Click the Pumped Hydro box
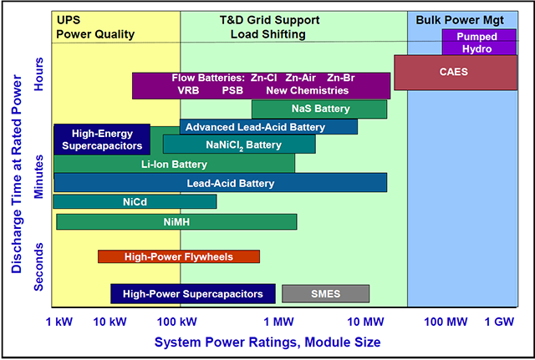pos(479,42)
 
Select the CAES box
pos(456,73)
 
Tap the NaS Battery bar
pos(319,109)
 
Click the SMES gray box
pos(325,293)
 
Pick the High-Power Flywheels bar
pos(179,256)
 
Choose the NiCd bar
pos(135,201)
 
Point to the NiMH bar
pos(176,222)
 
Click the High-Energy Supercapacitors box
pos(102,139)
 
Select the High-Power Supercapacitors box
pos(193,294)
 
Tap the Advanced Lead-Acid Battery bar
pos(268,127)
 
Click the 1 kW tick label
pos(59,322)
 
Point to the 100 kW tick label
pos(176,322)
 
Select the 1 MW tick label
pos(278,322)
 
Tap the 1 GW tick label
pos(499,322)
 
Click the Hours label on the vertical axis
pos(38,74)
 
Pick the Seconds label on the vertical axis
pos(38,266)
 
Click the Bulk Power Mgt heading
pos(460,20)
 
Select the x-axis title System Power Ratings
pos(267,342)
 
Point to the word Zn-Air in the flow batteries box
pos(301,78)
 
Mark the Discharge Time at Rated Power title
pos(17,174)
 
